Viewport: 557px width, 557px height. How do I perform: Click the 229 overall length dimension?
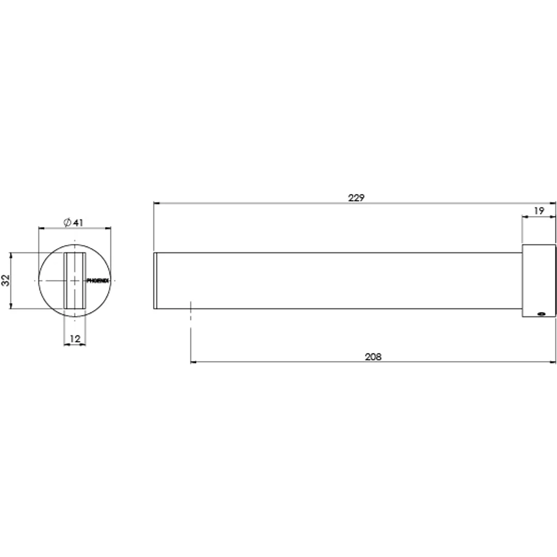tap(356, 198)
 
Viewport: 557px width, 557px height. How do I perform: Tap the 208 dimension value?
tap(373, 357)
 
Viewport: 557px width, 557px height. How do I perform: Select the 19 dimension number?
tap(539, 210)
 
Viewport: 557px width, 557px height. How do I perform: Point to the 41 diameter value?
tap(78, 223)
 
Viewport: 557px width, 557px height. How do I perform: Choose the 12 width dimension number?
tap(75, 339)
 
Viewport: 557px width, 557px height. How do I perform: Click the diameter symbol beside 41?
tap(67, 222)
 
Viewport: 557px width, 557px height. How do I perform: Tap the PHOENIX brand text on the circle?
tap(97, 281)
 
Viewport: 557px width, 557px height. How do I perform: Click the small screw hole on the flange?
tap(542, 314)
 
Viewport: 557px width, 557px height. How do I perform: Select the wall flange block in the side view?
tap(539, 281)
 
